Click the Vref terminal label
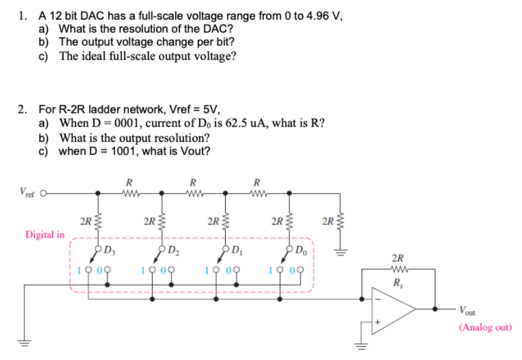[27, 191]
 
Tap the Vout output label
[469, 309]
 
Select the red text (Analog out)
[485, 327]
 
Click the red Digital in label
[45, 234]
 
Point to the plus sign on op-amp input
[375, 321]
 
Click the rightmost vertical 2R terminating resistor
[340, 225]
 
